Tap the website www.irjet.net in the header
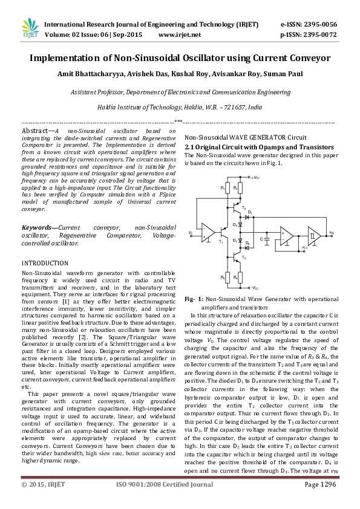[179, 35]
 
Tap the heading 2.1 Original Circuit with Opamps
[259, 147]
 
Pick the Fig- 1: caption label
[194, 299]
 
